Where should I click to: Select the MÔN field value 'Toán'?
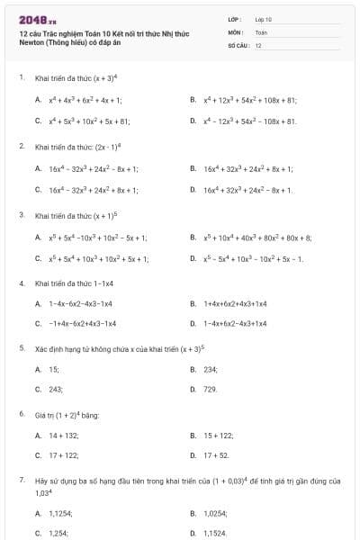262,31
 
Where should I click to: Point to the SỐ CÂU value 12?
258,45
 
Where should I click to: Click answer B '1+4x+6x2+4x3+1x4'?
235,303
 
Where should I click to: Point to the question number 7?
21,481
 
